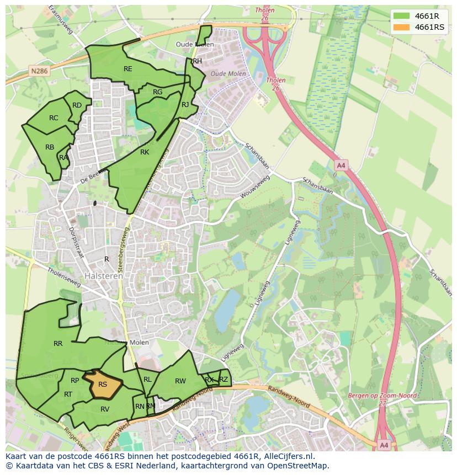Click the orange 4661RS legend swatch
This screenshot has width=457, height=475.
(402, 27)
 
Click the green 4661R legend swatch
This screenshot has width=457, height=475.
(402, 16)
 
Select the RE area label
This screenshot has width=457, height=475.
(128, 69)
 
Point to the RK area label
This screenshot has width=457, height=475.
(145, 152)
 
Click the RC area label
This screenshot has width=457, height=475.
(54, 118)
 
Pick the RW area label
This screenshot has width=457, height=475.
(180, 381)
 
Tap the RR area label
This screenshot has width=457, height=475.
(58, 344)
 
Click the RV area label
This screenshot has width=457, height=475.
(105, 409)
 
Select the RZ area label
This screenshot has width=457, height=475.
(224, 379)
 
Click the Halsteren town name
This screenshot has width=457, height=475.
(104, 276)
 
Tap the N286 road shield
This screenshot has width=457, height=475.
(39, 71)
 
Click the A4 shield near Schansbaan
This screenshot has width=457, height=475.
(341, 165)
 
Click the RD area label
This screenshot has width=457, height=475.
(77, 105)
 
